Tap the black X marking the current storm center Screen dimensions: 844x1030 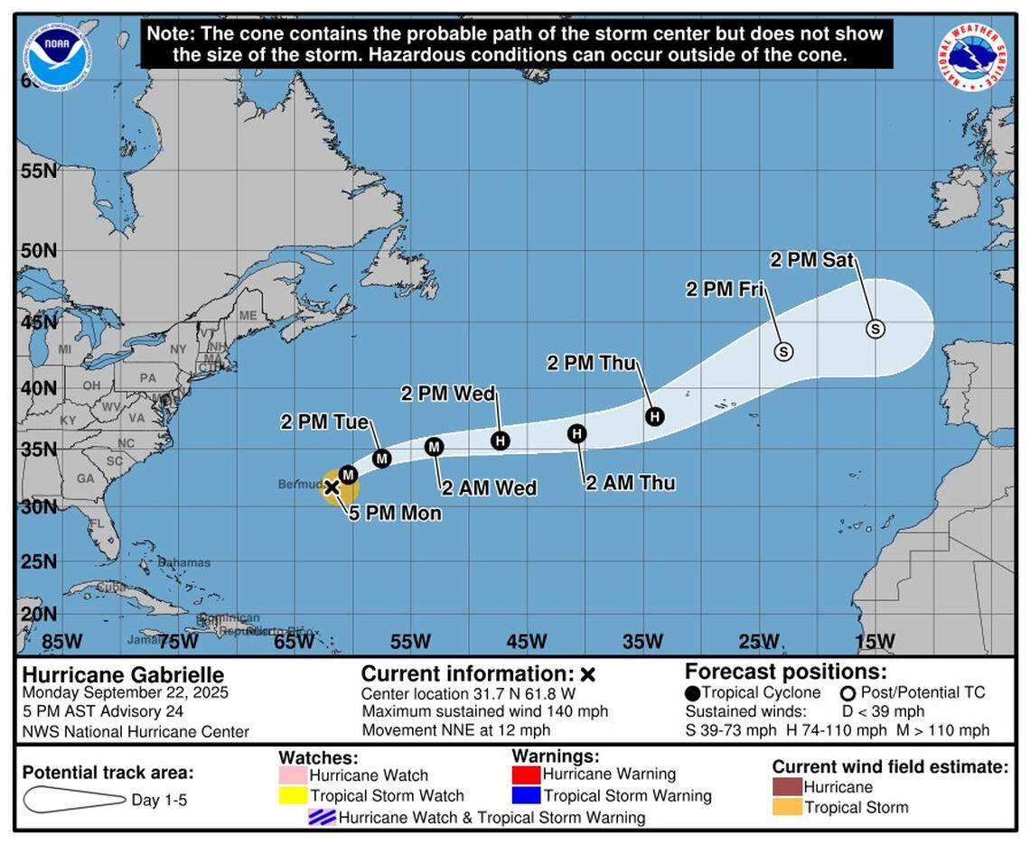coord(332,487)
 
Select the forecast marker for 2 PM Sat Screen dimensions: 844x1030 coord(875,329)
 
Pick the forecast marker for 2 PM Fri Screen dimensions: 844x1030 coord(783,350)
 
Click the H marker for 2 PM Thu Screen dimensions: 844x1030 coord(654,416)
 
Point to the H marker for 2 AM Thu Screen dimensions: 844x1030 coord(577,434)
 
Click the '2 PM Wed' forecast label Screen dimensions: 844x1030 coord(448,394)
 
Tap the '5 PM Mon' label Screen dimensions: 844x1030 coord(396,514)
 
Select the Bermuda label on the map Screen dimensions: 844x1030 coord(299,485)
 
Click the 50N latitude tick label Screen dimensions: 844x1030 coord(38,249)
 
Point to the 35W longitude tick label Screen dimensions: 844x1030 coord(642,642)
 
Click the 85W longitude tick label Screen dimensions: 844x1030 coord(61,642)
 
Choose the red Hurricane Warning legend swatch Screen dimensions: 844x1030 coord(526,774)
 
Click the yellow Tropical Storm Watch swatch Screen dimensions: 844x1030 coord(293,795)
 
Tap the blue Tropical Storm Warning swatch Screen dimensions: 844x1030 coord(526,795)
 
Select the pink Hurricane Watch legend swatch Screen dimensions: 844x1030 coord(293,774)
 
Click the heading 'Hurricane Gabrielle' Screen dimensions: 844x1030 coord(123,675)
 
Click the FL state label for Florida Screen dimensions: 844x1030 coord(96,524)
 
